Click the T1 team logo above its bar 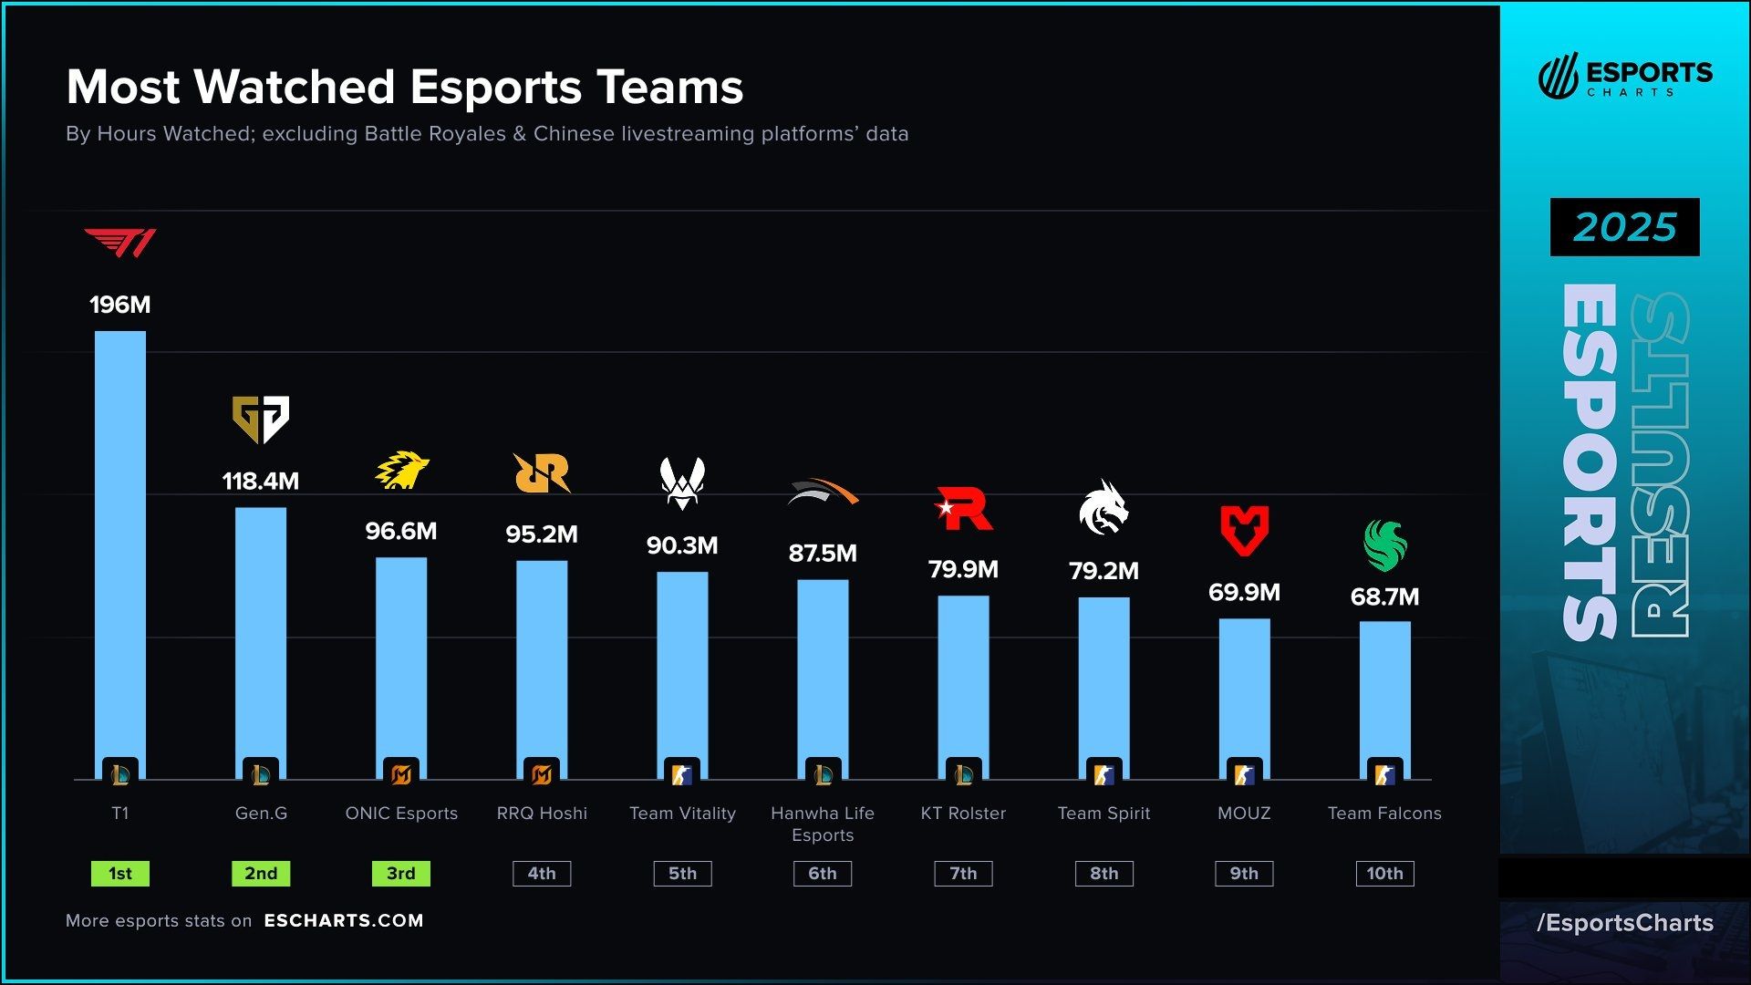coord(120,243)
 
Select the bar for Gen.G coord(261,638)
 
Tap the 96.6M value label coord(401,531)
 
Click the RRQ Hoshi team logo coord(542,472)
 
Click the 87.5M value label coord(823,553)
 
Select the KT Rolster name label coord(963,813)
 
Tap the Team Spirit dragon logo coord(1103,507)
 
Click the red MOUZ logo coord(1244,530)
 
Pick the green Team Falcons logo coord(1384,544)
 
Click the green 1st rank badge coord(120,873)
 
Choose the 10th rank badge coord(1384,873)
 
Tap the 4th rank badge coord(542,873)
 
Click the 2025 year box coord(1624,227)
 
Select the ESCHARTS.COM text coord(344,920)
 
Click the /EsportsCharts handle coord(1624,922)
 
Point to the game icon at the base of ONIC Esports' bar coord(401,774)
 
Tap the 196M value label coord(120,305)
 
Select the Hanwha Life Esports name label coord(823,824)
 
